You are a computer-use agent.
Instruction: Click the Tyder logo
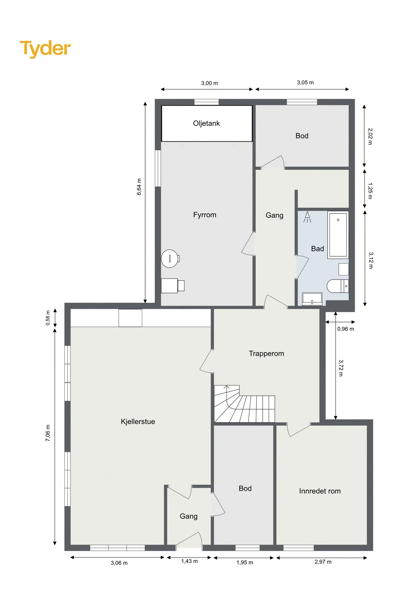(45, 49)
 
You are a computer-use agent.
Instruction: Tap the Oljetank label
(206, 123)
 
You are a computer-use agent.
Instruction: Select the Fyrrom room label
(205, 215)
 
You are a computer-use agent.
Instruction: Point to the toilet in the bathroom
(338, 286)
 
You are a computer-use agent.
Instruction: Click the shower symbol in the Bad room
(307, 217)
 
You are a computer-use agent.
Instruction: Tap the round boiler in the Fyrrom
(170, 259)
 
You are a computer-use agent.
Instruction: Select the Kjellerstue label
(138, 422)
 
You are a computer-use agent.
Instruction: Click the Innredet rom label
(320, 491)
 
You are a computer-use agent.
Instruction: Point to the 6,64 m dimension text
(139, 187)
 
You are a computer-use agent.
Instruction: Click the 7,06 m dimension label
(48, 433)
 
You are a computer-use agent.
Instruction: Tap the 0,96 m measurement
(346, 329)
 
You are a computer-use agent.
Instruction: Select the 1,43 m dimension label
(190, 561)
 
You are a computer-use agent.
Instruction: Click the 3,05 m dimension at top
(305, 83)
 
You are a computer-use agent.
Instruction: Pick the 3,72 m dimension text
(341, 368)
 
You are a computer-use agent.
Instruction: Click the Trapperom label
(266, 354)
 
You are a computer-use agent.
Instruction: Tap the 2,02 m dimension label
(370, 136)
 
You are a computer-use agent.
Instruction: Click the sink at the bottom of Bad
(312, 299)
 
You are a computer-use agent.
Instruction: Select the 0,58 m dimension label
(48, 318)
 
